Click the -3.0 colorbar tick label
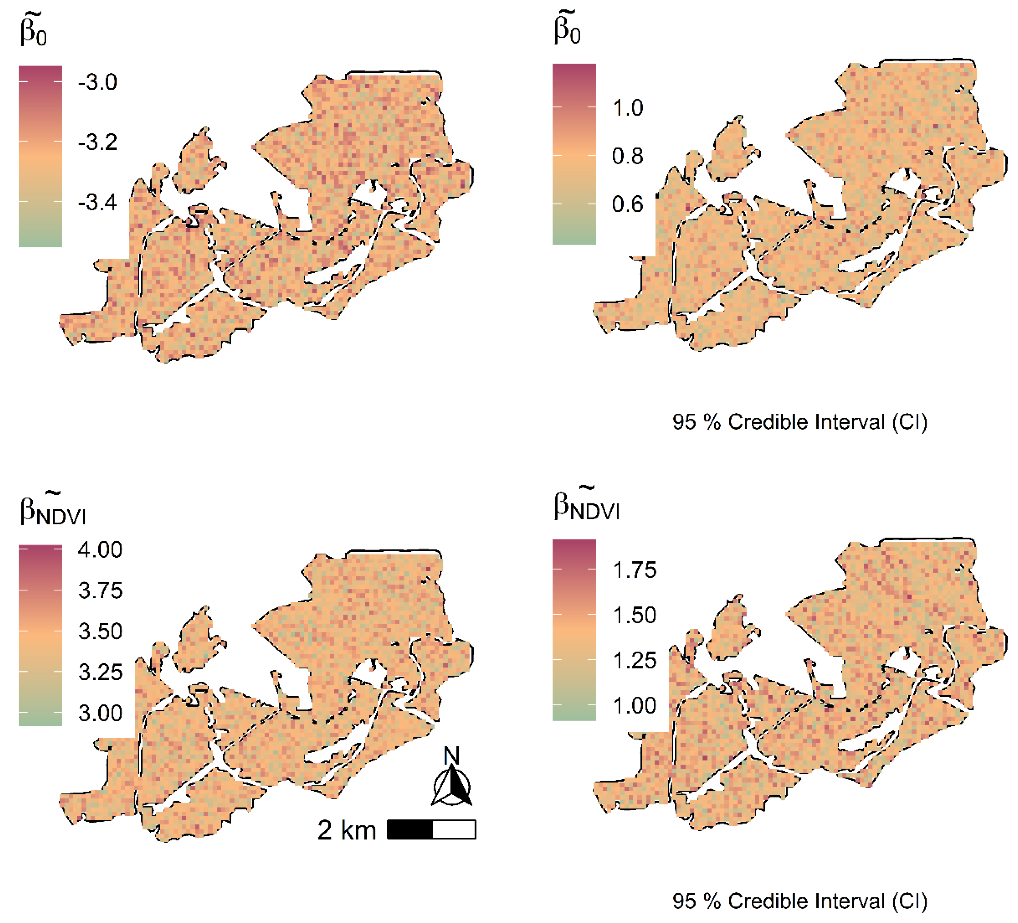pyautogui.click(x=98, y=82)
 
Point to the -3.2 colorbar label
pyautogui.click(x=98, y=142)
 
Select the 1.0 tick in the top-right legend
pyautogui.click(x=628, y=108)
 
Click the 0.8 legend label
pyautogui.click(x=628, y=156)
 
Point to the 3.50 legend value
pyautogui.click(x=100, y=631)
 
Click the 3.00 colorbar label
pyautogui.click(x=100, y=713)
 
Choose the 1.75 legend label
pyautogui.click(x=634, y=570)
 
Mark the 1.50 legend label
pyautogui.click(x=634, y=615)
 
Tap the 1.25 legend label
pyautogui.click(x=634, y=660)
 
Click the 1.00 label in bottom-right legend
pyautogui.click(x=634, y=705)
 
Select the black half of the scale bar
pyautogui.click(x=410, y=830)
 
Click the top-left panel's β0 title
pyautogui.click(x=33, y=30)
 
